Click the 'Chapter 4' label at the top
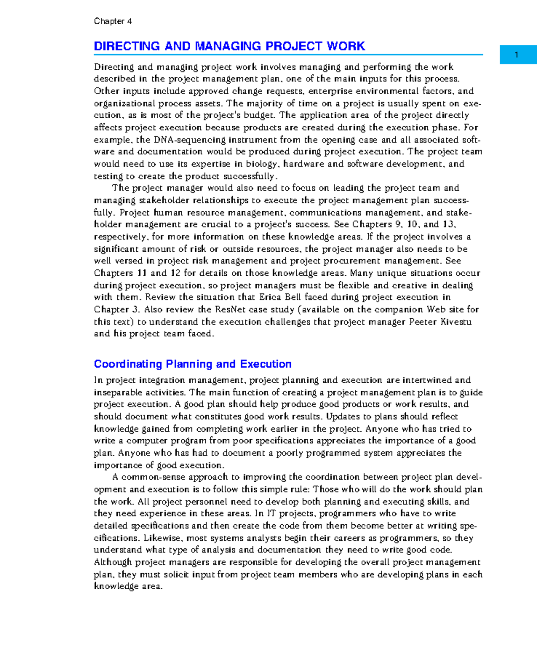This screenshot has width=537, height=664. pos(113,21)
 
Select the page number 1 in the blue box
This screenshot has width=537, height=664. pos(516,55)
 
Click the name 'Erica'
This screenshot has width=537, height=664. pos(270,297)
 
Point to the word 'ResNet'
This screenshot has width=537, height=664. pos(230,309)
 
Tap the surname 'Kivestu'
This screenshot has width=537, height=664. pos(456,321)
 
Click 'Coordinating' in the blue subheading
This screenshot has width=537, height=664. pos(128,364)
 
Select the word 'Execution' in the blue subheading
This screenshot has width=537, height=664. pos(266,364)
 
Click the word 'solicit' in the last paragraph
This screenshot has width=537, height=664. pos(175,574)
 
